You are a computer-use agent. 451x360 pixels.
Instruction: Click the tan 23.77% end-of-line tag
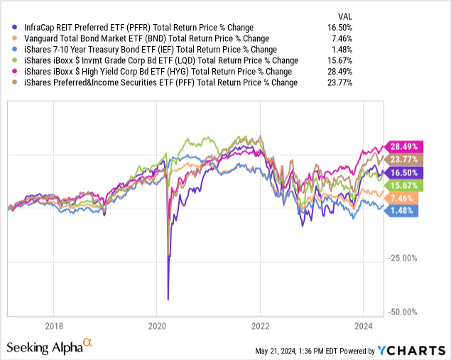[404, 158]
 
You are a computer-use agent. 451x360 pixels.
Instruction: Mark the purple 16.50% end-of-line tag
[404, 172]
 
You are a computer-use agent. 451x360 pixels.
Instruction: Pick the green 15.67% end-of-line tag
[404, 185]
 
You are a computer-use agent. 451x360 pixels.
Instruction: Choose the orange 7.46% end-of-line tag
[402, 198]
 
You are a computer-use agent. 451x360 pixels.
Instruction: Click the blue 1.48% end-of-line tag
[402, 210]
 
